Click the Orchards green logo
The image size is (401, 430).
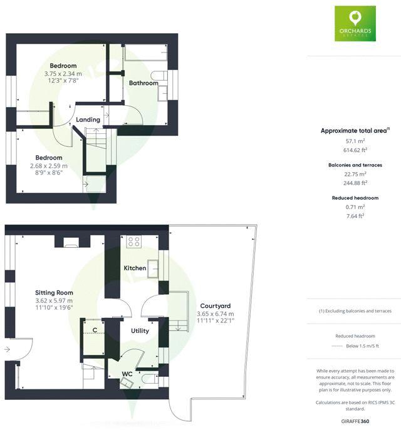pos(355,23)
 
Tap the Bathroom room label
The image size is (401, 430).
pos(143,83)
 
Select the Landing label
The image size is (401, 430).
pos(88,120)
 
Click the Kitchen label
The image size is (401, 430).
pos(135,268)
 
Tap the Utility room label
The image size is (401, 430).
pos(139,330)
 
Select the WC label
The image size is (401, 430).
pos(127,374)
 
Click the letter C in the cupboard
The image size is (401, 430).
pos(95,329)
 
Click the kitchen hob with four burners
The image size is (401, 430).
pos(134,241)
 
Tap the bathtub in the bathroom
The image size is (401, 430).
pos(145,53)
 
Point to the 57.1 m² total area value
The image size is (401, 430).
pos(355,142)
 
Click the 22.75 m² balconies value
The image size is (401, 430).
pos(355,174)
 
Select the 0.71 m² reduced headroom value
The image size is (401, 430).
pos(355,207)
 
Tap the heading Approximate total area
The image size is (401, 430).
pos(354,131)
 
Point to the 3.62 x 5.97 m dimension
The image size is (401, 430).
pos(55,300)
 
